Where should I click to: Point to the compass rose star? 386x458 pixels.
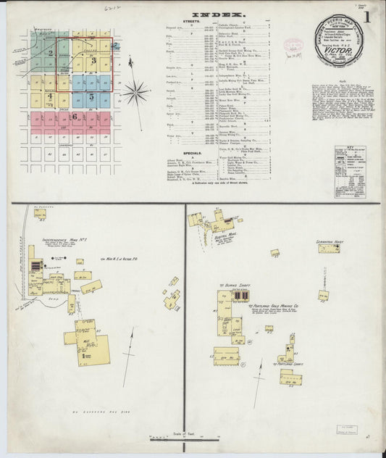click(135, 92)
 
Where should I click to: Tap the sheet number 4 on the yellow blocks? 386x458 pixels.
click(50, 96)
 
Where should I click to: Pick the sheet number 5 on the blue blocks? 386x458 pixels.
click(91, 96)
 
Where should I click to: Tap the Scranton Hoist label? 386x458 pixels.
click(327, 241)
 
